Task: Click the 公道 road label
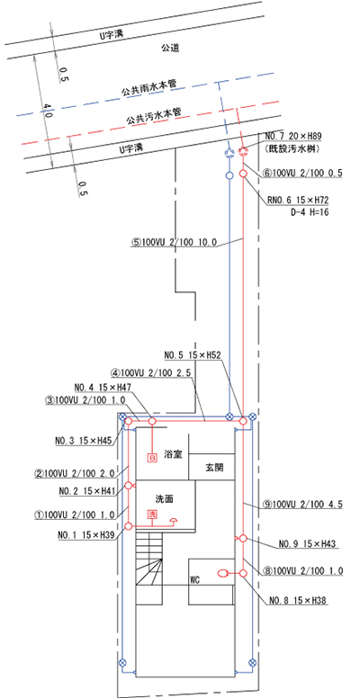171,49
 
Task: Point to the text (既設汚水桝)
292,149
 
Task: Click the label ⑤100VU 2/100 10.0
174,243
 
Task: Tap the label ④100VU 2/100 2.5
151,371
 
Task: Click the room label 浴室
172,456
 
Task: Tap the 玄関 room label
213,469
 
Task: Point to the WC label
194,580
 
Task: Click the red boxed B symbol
152,457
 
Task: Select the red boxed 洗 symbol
152,514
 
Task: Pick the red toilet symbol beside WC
223,573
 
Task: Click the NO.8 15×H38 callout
299,601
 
